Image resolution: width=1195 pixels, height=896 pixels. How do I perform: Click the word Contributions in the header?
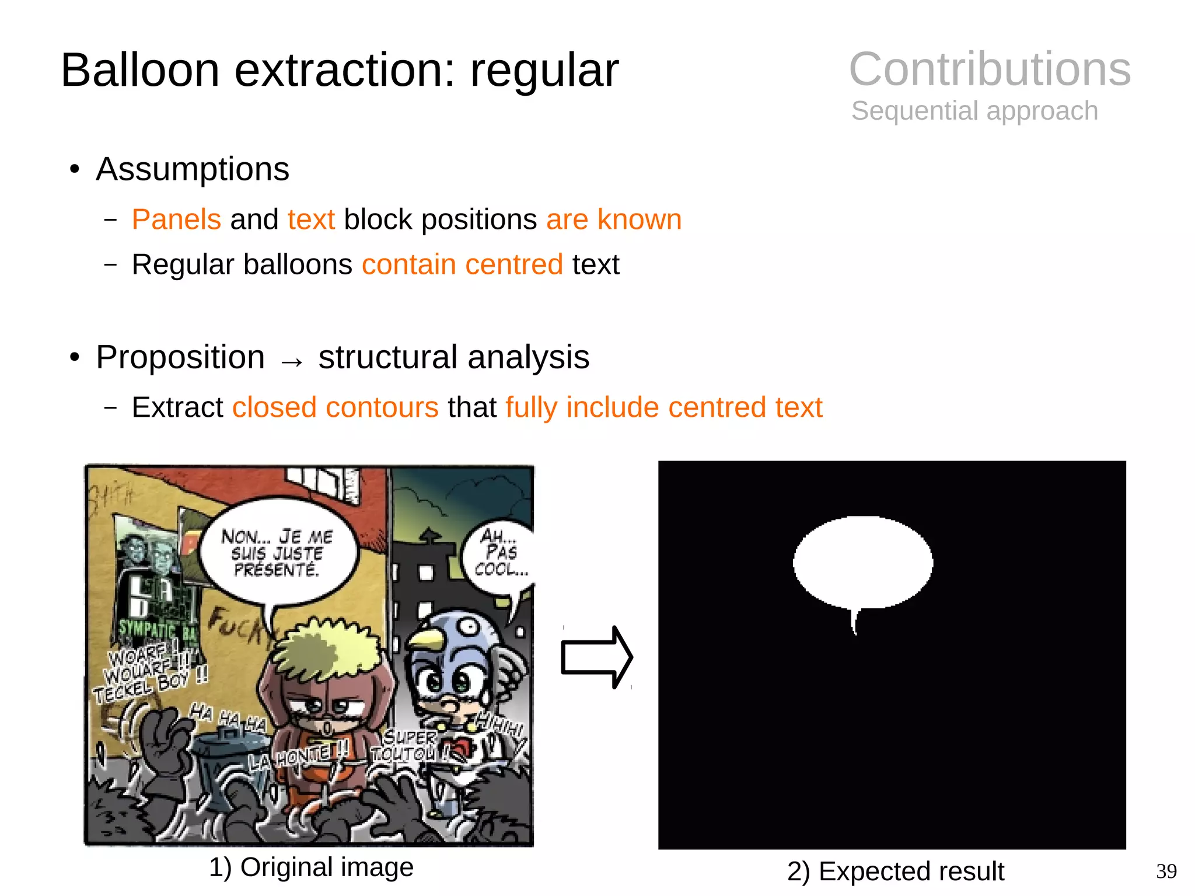tap(989, 69)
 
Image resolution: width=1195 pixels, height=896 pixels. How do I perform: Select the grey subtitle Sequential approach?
tap(974, 111)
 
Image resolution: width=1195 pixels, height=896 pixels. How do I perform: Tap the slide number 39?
tap(1166, 871)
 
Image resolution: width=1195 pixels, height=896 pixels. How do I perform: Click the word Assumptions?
tap(193, 169)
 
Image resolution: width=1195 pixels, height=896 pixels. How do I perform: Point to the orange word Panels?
tap(176, 219)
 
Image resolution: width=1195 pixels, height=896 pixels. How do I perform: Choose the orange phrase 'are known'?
tap(614, 219)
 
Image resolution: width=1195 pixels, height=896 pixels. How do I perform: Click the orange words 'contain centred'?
tap(462, 264)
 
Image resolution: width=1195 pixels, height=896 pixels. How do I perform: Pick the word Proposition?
tap(180, 357)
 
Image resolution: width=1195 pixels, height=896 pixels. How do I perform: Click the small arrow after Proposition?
tap(292, 362)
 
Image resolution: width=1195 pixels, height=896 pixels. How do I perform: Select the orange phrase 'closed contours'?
tap(335, 407)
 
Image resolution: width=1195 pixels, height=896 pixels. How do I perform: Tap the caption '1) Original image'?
tap(311, 867)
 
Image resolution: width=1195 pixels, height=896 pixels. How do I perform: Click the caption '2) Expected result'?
tap(895, 871)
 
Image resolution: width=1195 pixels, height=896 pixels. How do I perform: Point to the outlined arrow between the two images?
tap(596, 657)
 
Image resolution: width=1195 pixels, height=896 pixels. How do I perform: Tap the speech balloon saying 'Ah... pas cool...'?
tap(499, 555)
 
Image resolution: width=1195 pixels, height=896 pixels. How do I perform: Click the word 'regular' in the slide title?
tap(544, 70)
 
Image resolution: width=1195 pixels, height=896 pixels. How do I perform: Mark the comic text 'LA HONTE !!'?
tap(298, 757)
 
